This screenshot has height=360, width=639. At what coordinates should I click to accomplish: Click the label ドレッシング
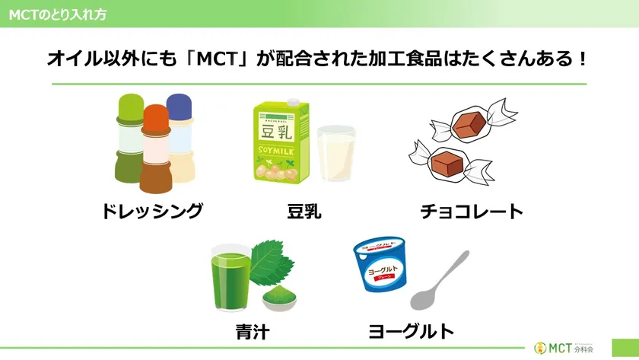click(152, 211)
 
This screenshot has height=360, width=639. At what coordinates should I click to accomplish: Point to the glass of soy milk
click(335, 155)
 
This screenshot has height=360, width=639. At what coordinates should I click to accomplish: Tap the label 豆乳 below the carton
click(304, 211)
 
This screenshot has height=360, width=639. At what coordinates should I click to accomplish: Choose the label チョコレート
click(472, 211)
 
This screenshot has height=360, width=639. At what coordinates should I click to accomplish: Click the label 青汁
click(252, 332)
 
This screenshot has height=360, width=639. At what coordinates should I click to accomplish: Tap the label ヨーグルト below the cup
click(411, 332)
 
